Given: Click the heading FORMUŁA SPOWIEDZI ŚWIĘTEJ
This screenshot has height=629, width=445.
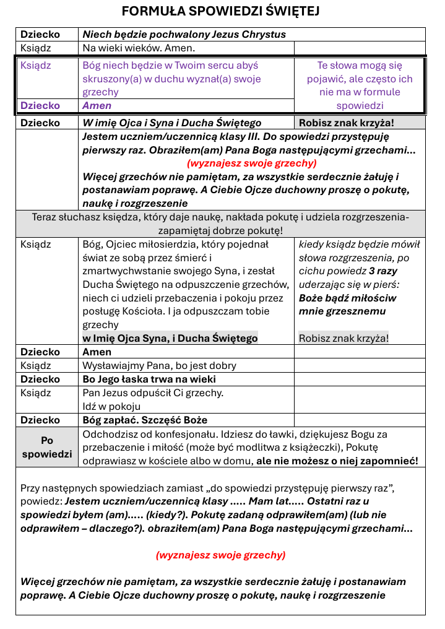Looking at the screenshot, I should [220, 11].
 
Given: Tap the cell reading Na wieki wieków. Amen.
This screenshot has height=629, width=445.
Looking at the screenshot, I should [139, 48].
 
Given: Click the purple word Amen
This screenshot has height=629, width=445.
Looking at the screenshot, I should [97, 106].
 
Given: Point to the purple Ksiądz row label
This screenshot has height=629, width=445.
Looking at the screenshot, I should [36, 66].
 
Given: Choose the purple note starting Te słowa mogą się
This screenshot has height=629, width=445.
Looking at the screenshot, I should [360, 85].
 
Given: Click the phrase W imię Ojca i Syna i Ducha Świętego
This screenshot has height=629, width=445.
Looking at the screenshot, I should [172, 123].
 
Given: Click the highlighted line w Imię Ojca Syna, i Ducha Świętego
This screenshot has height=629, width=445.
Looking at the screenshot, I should [170, 338].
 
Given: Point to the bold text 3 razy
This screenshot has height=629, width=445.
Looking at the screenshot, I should [383, 271].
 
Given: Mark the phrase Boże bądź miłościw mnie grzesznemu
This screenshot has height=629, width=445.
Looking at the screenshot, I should [348, 305].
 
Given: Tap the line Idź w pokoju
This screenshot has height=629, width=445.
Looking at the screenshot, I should [111, 406].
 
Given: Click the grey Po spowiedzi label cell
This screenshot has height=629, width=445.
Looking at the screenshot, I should [47, 447].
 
